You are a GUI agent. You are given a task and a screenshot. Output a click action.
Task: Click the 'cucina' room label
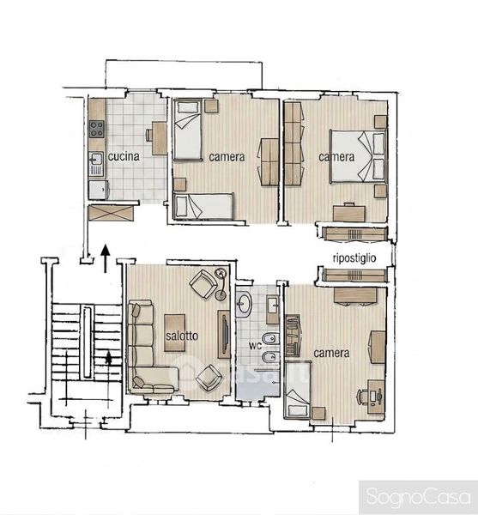point(124,156)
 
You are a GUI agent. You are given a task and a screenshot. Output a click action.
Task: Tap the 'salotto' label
point(182,336)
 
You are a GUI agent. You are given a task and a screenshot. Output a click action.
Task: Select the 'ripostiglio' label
point(354,258)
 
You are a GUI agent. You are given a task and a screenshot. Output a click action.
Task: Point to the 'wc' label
point(255,345)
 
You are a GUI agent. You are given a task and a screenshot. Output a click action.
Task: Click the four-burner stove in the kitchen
point(97,129)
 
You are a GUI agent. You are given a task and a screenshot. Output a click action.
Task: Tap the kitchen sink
point(96,164)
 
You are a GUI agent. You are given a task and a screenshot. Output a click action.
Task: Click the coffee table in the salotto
point(175,333)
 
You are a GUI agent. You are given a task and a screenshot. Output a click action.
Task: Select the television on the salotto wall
point(225,334)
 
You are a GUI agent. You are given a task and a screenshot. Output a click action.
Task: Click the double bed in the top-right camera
point(358,156)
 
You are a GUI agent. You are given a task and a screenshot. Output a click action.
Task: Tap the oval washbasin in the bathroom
point(244,304)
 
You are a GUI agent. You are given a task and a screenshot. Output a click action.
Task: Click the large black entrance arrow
point(106,258)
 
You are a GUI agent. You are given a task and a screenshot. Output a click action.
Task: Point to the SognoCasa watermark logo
point(418,496)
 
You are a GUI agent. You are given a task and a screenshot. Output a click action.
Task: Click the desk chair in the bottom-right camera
point(362,397)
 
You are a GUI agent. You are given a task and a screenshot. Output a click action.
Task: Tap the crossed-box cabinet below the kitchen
point(112,213)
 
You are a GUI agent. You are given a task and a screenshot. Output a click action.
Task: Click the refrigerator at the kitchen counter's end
point(98,190)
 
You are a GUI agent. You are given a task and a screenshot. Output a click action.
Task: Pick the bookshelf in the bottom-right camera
point(293,336)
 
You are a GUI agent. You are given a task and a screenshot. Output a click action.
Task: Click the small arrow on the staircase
point(109,357)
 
